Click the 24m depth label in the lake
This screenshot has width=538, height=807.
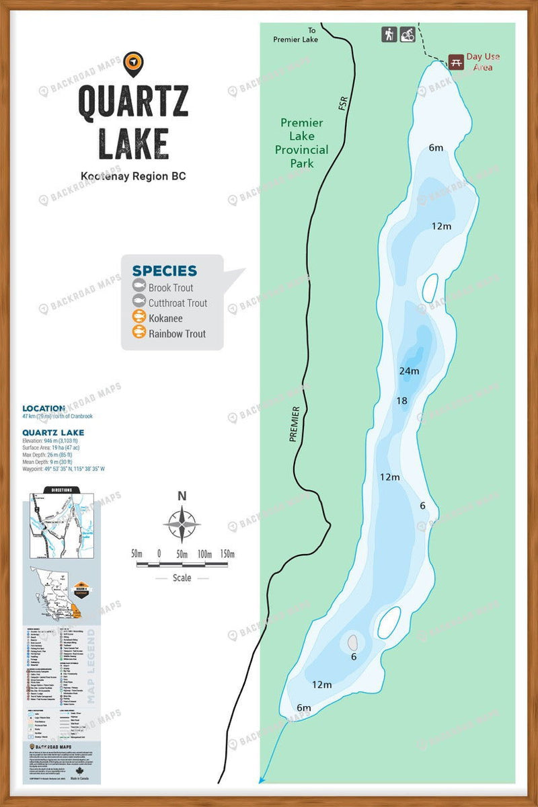coord(409,371)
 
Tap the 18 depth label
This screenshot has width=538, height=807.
coord(402,401)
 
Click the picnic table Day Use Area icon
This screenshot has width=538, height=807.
coord(456,61)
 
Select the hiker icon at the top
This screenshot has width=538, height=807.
coord(389,34)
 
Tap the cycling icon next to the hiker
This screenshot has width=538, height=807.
coord(407,34)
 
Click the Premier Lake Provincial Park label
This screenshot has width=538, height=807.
coord(301,143)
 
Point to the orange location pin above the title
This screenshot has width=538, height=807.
coord(134,63)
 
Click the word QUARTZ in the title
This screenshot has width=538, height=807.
coord(133,101)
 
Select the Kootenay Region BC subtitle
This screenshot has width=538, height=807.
coord(133,176)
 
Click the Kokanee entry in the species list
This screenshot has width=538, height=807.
coord(165,318)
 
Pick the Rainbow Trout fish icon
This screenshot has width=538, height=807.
coord(139,333)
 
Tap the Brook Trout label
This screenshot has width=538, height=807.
coord(171,288)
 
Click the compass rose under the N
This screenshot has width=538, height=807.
coord(182,523)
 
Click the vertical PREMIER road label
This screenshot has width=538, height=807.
coord(294,424)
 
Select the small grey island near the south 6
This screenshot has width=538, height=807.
coord(352,642)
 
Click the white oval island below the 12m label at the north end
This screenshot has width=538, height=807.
coord(428,288)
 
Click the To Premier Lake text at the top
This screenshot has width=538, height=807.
coord(295,35)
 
